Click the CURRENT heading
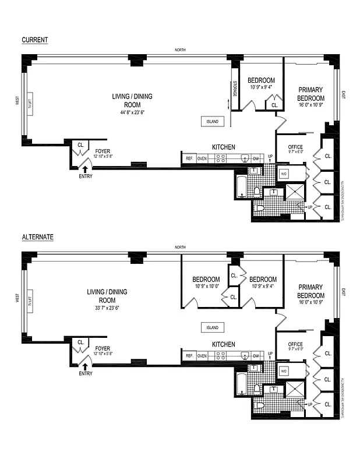[x=34, y=40]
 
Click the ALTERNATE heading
[x=38, y=237]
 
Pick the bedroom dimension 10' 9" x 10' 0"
[x=206, y=287]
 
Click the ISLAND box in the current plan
[x=213, y=122]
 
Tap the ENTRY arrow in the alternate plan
[x=85, y=366]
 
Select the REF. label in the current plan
[x=189, y=158]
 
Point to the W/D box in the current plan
[x=284, y=174]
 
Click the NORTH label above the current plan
[x=181, y=50]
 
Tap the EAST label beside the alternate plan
[x=344, y=292]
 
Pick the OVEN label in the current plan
[x=202, y=158]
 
